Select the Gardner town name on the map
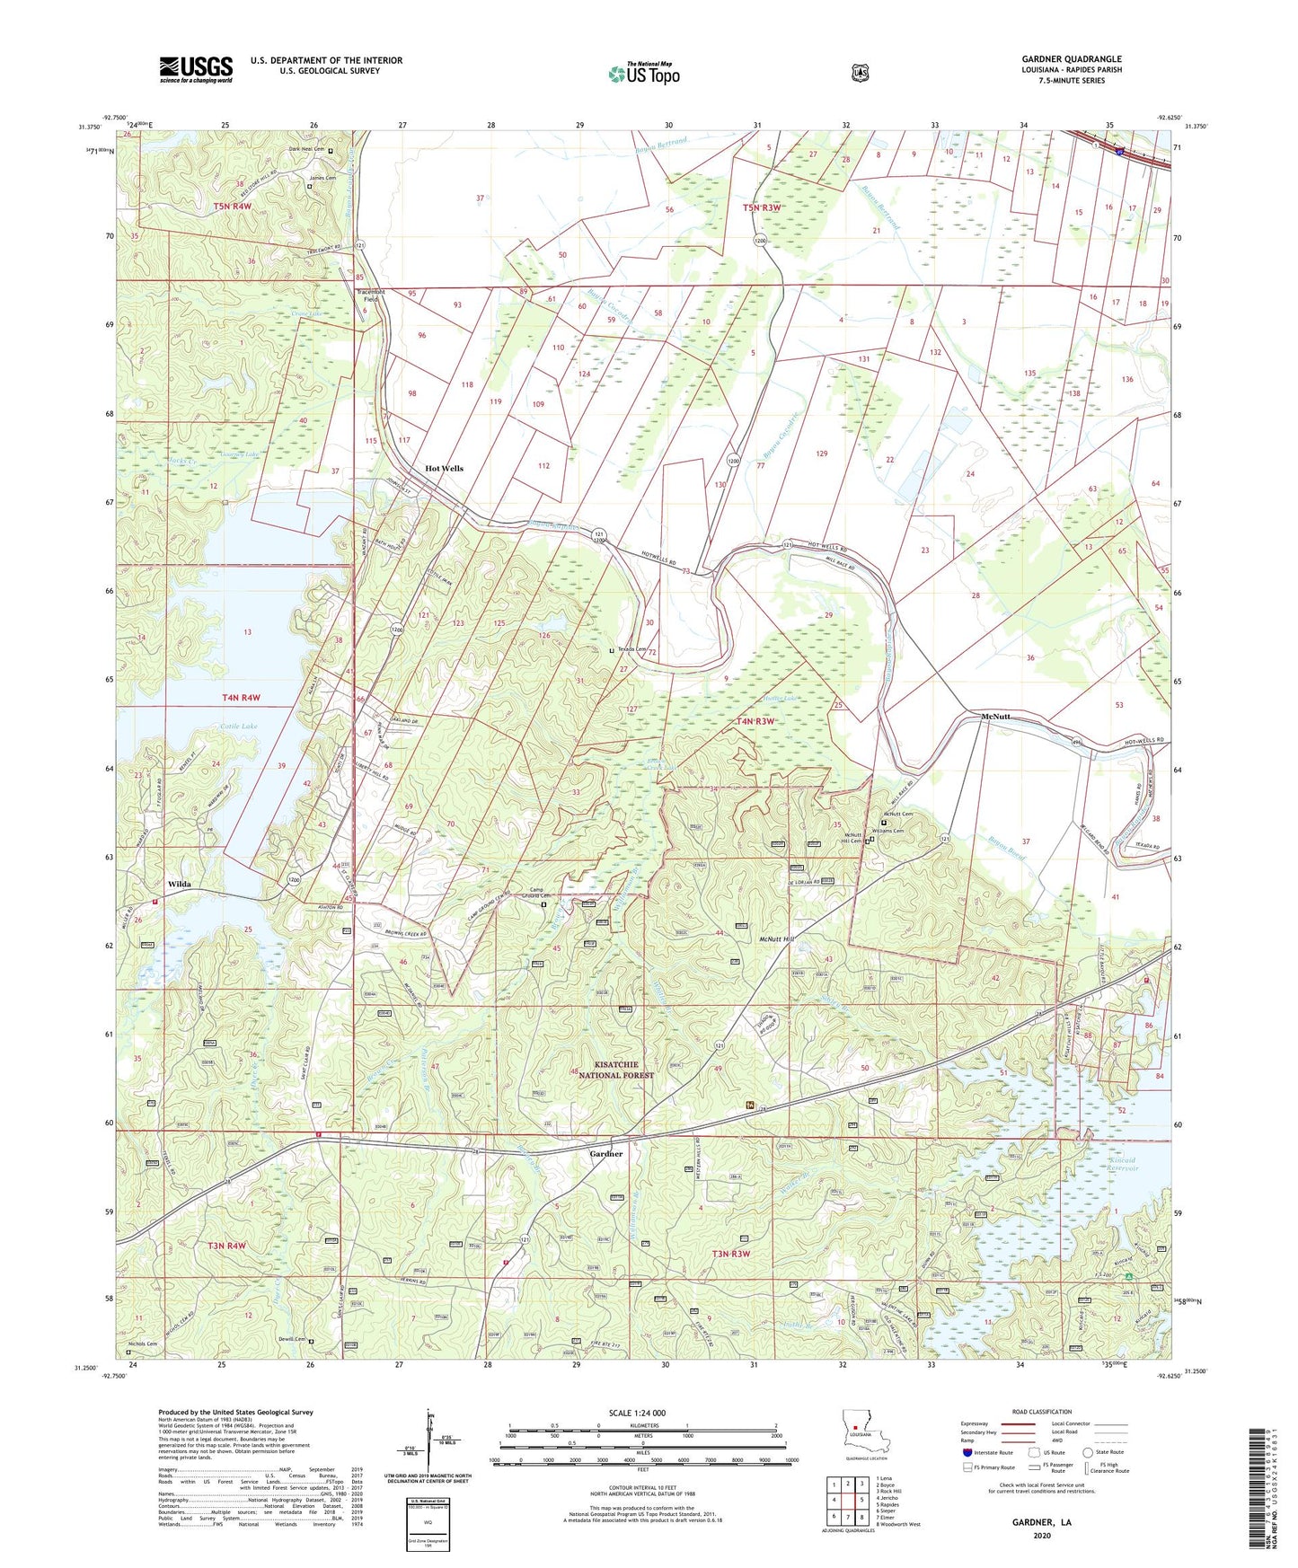click(605, 1154)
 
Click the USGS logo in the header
click(196, 69)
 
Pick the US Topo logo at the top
click(642, 73)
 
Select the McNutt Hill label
click(773, 939)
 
